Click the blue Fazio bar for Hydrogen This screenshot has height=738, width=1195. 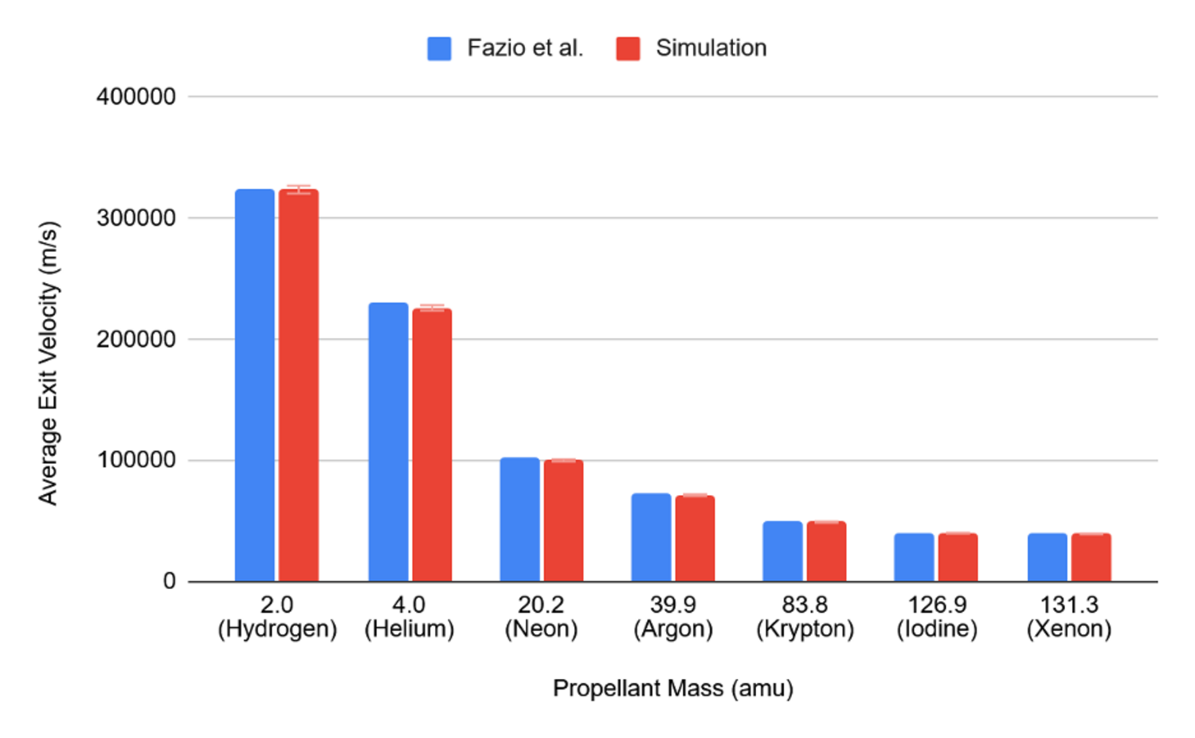(x=254, y=385)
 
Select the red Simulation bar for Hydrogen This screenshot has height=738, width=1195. (x=299, y=385)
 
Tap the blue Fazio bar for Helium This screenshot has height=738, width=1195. (x=388, y=442)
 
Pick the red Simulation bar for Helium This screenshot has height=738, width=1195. (x=432, y=445)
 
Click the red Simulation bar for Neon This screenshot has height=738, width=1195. (x=563, y=520)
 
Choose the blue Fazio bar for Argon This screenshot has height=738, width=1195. (x=651, y=537)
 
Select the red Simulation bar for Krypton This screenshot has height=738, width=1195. (x=826, y=552)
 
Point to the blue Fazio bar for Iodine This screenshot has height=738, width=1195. (x=914, y=557)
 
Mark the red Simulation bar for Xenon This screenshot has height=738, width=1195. (x=1091, y=557)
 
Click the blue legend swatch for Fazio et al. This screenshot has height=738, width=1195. (x=439, y=49)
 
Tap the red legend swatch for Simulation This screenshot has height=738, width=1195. (x=628, y=49)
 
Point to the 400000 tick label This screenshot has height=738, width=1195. (x=136, y=96)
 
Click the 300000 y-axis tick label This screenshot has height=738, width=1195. (x=136, y=218)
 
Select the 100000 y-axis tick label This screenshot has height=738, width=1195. (x=136, y=460)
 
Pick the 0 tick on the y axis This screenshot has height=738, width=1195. (x=169, y=581)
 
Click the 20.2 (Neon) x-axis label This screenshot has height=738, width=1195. (x=541, y=617)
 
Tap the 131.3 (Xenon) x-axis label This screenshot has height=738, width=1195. (x=1069, y=617)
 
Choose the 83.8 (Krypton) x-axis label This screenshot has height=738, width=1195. (x=805, y=617)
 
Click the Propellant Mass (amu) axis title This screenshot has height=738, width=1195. (x=673, y=689)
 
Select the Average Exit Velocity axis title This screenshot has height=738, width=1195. (x=49, y=363)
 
